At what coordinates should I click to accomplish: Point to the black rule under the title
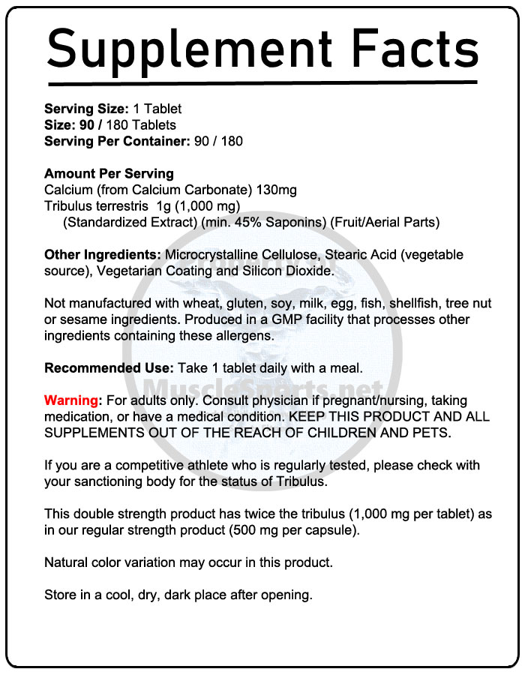(262, 82)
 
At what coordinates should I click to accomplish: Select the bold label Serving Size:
(87, 109)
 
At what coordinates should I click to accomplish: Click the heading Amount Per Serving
(109, 173)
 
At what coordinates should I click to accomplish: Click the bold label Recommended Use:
(109, 368)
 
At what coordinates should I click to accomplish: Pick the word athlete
(193, 466)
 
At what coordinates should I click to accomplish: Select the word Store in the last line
(61, 595)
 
